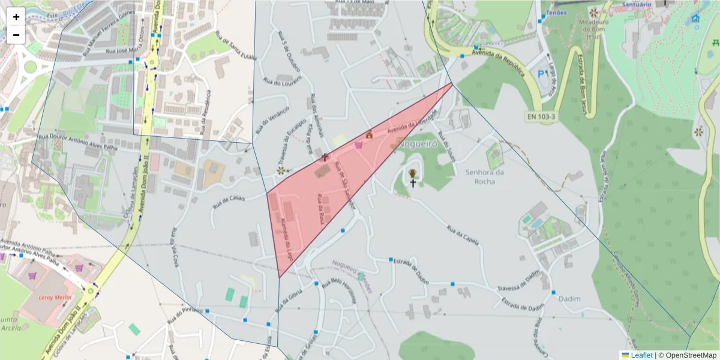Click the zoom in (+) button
(16, 17)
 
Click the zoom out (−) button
(16, 35)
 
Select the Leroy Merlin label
(55, 298)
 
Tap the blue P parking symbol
(542, 74)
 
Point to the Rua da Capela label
(463, 235)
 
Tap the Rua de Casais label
(228, 202)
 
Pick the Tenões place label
(557, 13)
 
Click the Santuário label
(636, 5)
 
